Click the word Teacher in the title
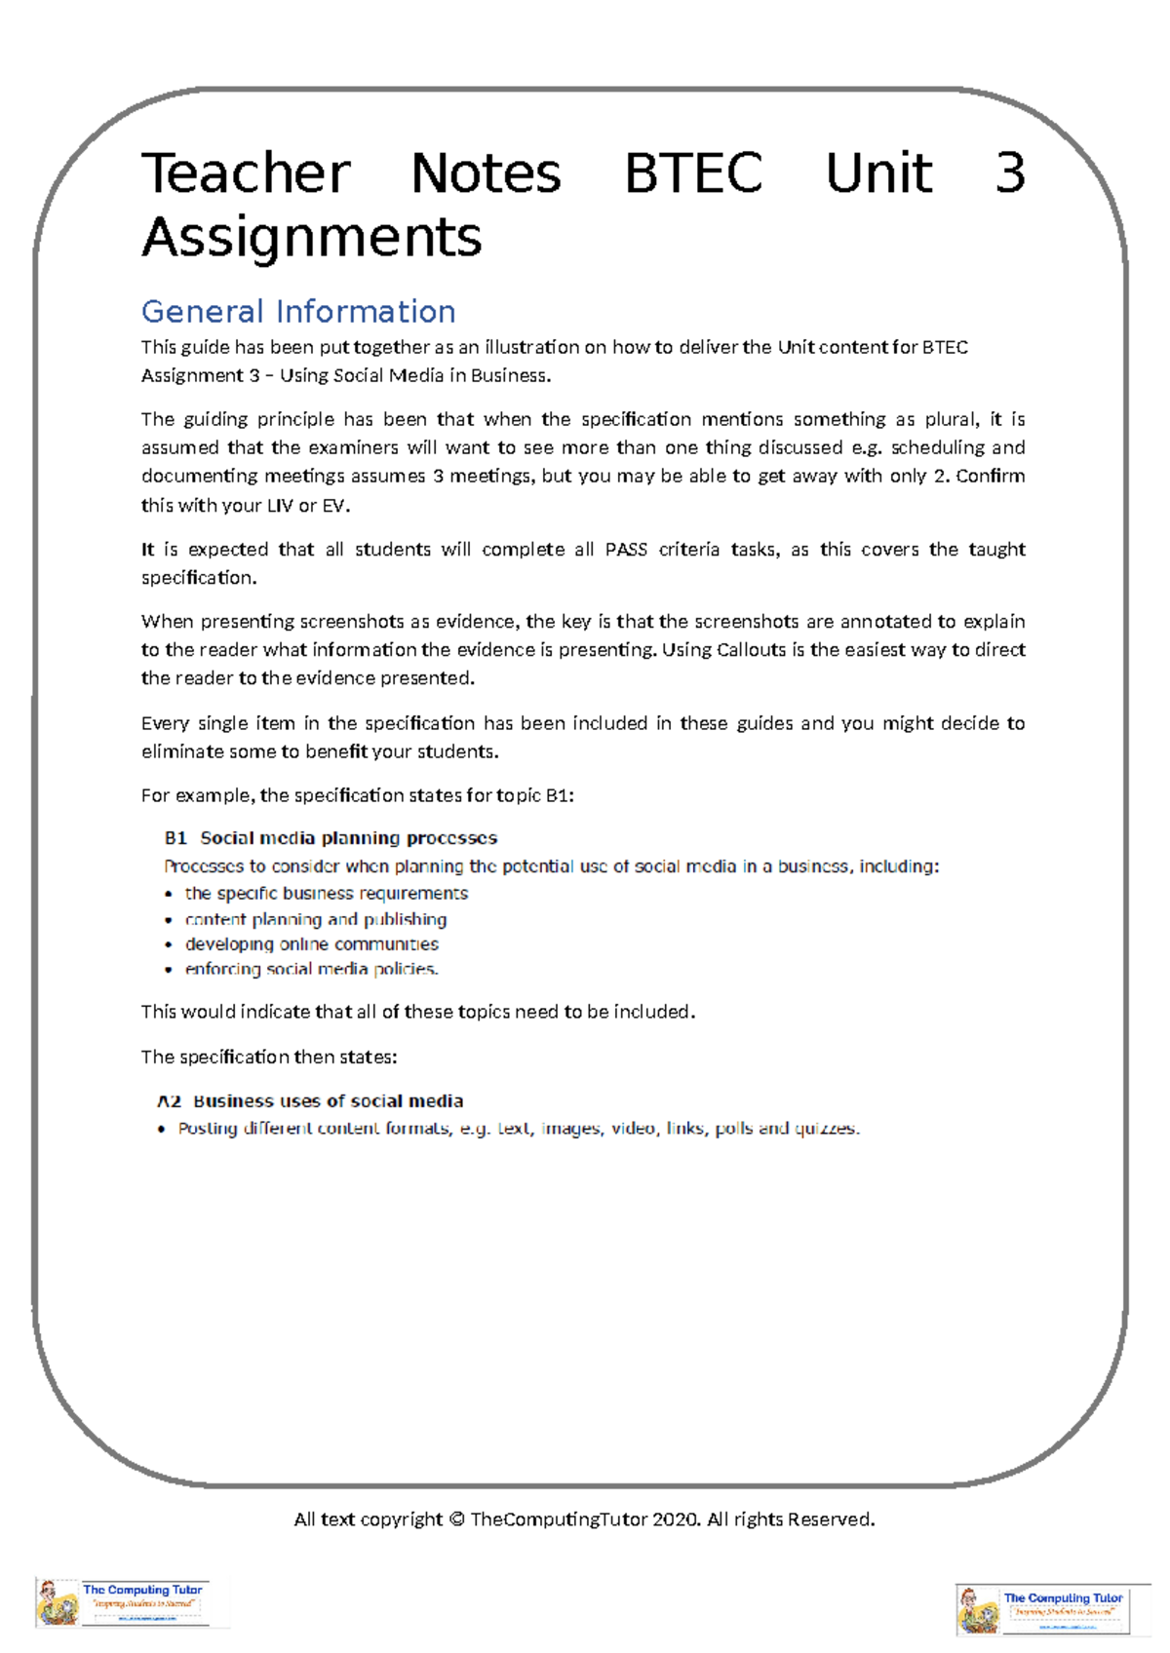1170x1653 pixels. point(246,173)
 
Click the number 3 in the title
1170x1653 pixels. point(1009,173)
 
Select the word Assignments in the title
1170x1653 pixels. point(312,237)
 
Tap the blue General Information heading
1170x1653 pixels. point(298,311)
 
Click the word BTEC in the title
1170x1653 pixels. point(693,173)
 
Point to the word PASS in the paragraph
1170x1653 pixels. point(626,550)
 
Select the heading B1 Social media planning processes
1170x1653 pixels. point(331,838)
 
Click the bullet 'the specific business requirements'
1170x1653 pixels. point(326,894)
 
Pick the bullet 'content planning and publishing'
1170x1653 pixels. point(315,919)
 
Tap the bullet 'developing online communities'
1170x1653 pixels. point(311,944)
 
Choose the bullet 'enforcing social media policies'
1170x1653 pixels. point(311,969)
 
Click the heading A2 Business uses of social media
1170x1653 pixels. point(310,1101)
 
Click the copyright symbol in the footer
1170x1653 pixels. point(456,1519)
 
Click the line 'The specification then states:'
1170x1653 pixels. point(269,1057)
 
